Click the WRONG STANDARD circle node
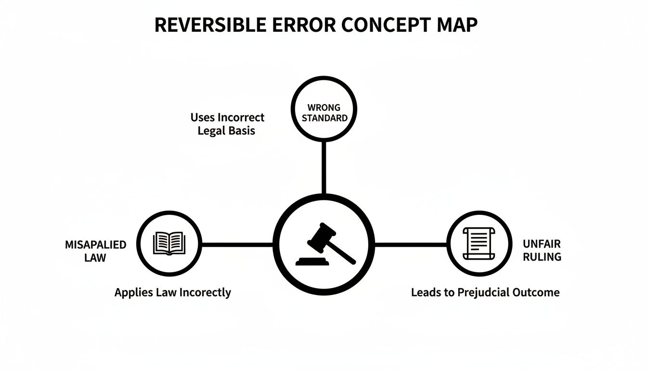pos(323,109)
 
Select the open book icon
pos(168,243)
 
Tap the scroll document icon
pos(479,244)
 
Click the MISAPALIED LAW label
pos(95,251)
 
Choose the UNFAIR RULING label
pos(542,251)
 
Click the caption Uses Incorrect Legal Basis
pos(227,124)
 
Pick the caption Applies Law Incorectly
pos(172,292)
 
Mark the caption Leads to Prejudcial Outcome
pos(485,292)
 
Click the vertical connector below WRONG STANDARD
pos(323,167)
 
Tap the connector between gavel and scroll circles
pos(411,244)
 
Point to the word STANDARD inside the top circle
pos(324,118)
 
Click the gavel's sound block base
pos(312,262)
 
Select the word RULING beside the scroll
pos(542,257)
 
